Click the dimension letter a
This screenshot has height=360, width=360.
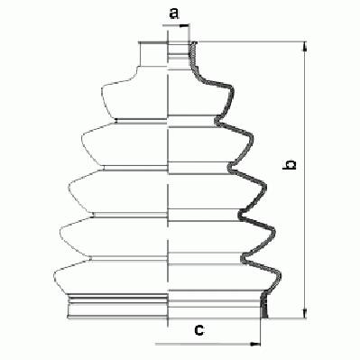[x=174, y=14]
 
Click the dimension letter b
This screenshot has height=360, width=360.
[x=289, y=165]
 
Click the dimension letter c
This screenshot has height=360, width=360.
[x=198, y=330]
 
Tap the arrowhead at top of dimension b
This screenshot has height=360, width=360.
[x=305, y=46]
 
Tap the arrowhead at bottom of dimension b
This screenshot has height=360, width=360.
[x=305, y=313]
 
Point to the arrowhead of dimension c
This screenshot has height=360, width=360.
[x=255, y=344]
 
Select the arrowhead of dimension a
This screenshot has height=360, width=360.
[x=184, y=26]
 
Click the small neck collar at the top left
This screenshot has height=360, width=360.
[x=152, y=54]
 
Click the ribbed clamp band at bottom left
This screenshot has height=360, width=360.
[x=116, y=306]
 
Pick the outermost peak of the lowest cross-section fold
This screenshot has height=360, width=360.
[x=280, y=276]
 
